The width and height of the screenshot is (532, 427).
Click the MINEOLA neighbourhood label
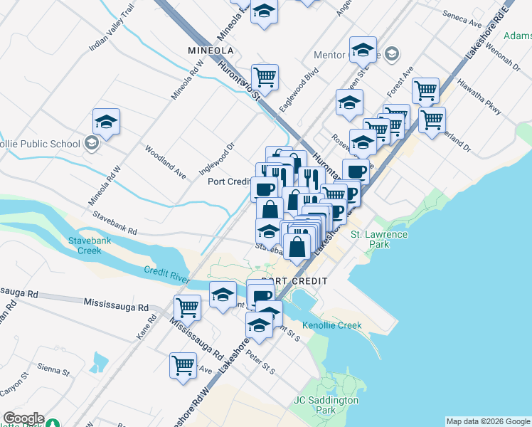point(211,51)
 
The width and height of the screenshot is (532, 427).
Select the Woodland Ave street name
point(165,162)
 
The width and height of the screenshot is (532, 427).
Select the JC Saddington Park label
point(326,405)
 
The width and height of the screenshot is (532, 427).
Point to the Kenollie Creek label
point(332,325)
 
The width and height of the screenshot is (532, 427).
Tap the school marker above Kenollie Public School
point(106,122)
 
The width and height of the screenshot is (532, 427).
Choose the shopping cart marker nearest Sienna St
point(183,365)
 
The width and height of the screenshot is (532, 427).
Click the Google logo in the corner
point(23,419)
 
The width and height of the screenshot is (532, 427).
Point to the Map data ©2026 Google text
point(488,421)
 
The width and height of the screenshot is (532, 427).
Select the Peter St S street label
point(260,362)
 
